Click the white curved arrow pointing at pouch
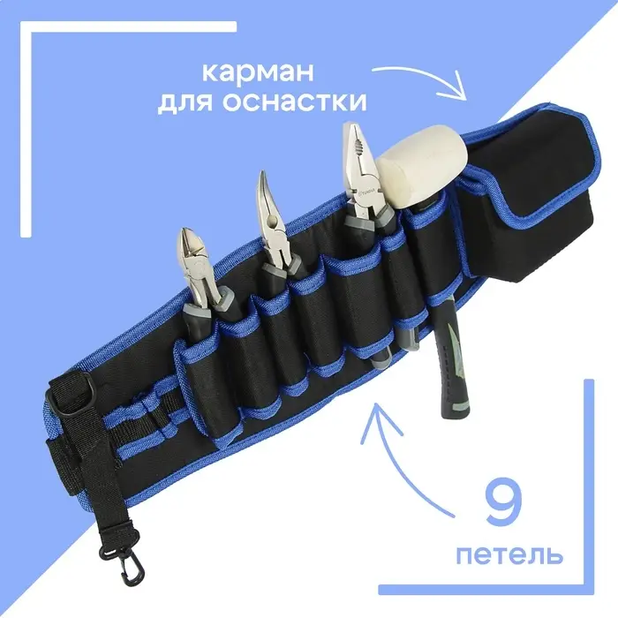(x=424, y=75)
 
